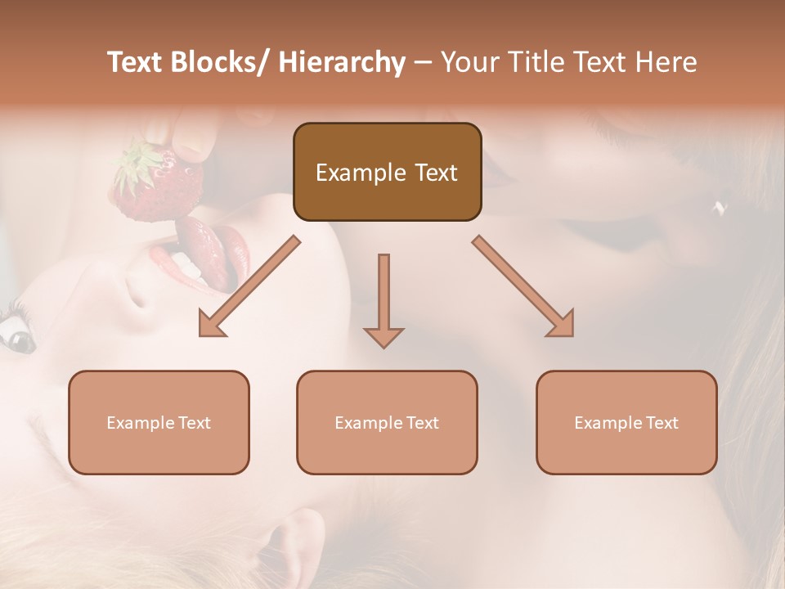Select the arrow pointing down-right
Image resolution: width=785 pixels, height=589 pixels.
[523, 286]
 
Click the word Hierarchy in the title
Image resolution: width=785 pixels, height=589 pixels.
[342, 62]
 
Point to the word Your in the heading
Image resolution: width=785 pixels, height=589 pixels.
[468, 62]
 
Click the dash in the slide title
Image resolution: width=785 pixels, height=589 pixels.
[423, 62]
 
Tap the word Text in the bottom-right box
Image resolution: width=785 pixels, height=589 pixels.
[662, 423]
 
